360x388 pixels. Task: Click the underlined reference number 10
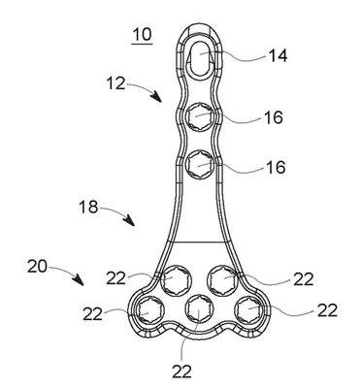142,35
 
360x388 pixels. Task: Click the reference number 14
278,55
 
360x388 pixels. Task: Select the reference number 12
115,83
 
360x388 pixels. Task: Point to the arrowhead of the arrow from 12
157,97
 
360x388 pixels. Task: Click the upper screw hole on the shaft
200,118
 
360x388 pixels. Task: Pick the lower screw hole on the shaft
200,165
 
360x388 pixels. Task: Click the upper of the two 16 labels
274,117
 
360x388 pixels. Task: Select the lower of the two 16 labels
276,167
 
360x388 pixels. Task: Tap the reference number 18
88,207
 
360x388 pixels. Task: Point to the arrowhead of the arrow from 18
130,220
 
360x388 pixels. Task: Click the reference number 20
37,267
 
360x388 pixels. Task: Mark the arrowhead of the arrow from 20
79,279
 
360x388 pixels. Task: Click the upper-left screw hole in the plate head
174,279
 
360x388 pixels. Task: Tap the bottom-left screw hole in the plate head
150,310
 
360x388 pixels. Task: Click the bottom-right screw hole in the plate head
249,308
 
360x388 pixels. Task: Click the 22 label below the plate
181,372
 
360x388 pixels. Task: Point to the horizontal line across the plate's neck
196,242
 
